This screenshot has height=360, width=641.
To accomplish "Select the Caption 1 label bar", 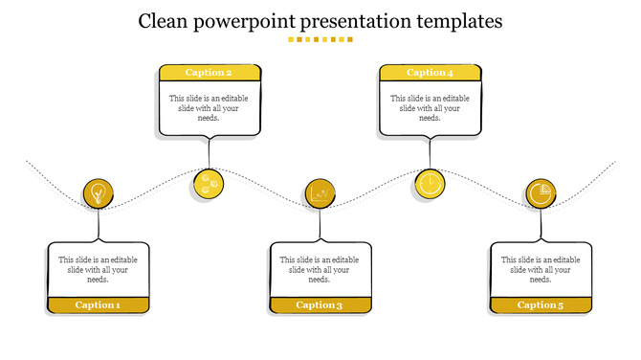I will (x=99, y=305).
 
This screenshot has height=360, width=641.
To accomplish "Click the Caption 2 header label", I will (x=210, y=73).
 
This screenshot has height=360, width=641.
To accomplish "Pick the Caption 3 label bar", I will (x=320, y=305).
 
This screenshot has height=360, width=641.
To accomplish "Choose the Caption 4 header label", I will (x=430, y=73).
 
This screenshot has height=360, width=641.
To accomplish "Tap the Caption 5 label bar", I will (x=541, y=305).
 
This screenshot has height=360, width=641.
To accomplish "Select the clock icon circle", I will (x=430, y=183).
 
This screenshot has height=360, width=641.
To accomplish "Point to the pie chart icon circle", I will (x=541, y=194).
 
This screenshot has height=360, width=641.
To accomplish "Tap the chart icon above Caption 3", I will (x=320, y=194).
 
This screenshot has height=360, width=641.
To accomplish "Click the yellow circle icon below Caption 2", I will (x=209, y=183).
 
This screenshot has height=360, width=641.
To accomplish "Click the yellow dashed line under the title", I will (x=320, y=40).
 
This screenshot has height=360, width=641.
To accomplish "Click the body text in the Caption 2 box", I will (x=210, y=108).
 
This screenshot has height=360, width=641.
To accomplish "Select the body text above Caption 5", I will (x=541, y=269).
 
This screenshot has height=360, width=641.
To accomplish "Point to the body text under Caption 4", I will (x=430, y=108).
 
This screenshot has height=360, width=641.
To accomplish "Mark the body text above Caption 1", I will (x=99, y=269).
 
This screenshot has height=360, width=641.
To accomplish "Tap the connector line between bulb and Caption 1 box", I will (x=98, y=226).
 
